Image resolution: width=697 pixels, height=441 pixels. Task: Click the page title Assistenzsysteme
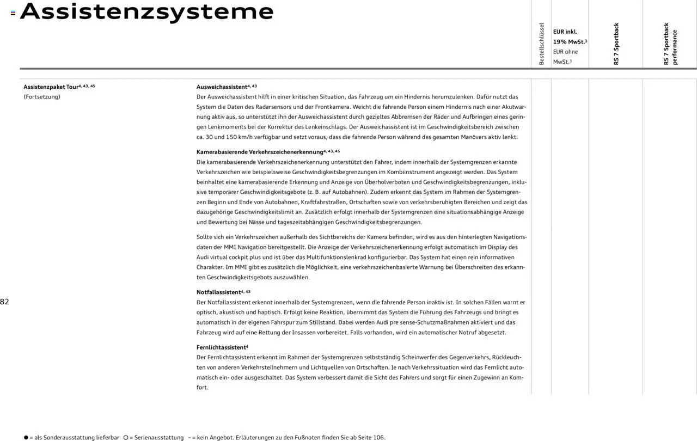(146, 11)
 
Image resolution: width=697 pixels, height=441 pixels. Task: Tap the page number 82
(4, 302)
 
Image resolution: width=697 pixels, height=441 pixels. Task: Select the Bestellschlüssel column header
(541, 44)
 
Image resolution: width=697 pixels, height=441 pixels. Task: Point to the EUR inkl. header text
(565, 32)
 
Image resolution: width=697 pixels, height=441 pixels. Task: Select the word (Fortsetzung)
(42, 97)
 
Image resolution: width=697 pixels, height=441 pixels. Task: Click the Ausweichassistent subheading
(222, 87)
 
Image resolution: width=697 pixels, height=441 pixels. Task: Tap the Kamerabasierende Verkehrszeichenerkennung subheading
(259, 151)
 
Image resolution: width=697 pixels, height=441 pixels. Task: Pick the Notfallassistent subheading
(218, 292)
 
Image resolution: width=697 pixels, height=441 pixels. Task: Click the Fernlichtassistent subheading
(221, 347)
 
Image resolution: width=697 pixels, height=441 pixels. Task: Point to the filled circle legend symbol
(26, 437)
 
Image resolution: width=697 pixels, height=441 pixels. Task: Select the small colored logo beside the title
(13, 13)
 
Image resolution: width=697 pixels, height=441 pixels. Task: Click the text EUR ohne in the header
(565, 52)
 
